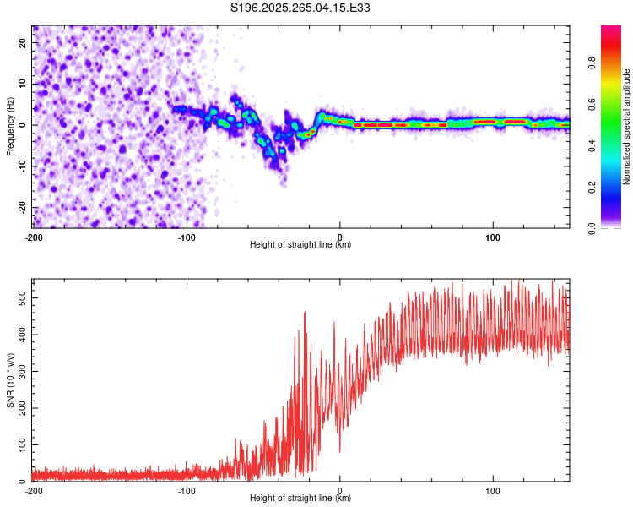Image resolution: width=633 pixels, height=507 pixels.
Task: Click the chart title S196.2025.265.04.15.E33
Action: tap(300, 8)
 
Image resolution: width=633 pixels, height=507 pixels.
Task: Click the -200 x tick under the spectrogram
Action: tap(33, 237)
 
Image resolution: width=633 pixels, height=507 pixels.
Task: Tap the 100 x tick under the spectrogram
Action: tap(493, 237)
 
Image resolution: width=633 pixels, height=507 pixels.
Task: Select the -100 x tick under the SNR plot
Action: tap(187, 491)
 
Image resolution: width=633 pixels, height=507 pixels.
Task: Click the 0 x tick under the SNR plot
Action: tap(340, 491)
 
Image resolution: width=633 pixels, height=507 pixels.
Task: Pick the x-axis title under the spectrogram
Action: tap(300, 245)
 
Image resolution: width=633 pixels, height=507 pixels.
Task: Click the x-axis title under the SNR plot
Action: tap(300, 499)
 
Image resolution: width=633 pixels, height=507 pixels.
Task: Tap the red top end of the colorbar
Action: tap(611, 30)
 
